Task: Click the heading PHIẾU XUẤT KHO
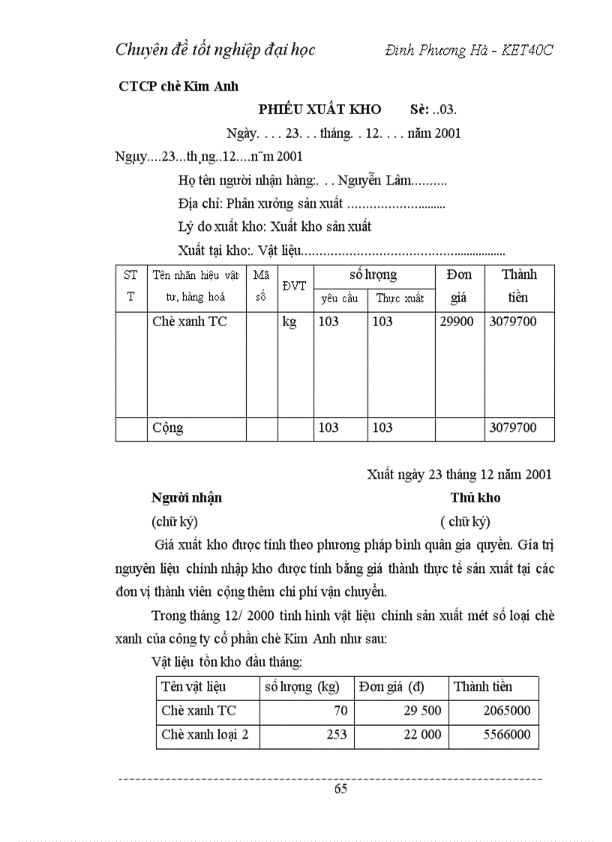[x=319, y=109]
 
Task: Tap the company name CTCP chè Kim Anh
[x=178, y=86]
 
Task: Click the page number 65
[x=340, y=788]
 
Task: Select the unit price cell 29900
[x=455, y=322]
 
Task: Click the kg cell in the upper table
[x=289, y=322]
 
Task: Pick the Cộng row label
[x=168, y=428]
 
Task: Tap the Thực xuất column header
[x=400, y=298]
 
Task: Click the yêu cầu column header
[x=339, y=298]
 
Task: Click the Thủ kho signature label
[x=475, y=498]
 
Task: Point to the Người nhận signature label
[x=187, y=498]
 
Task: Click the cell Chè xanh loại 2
[x=205, y=735]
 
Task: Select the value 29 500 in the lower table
[x=422, y=710]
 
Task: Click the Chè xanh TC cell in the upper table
[x=189, y=322]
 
